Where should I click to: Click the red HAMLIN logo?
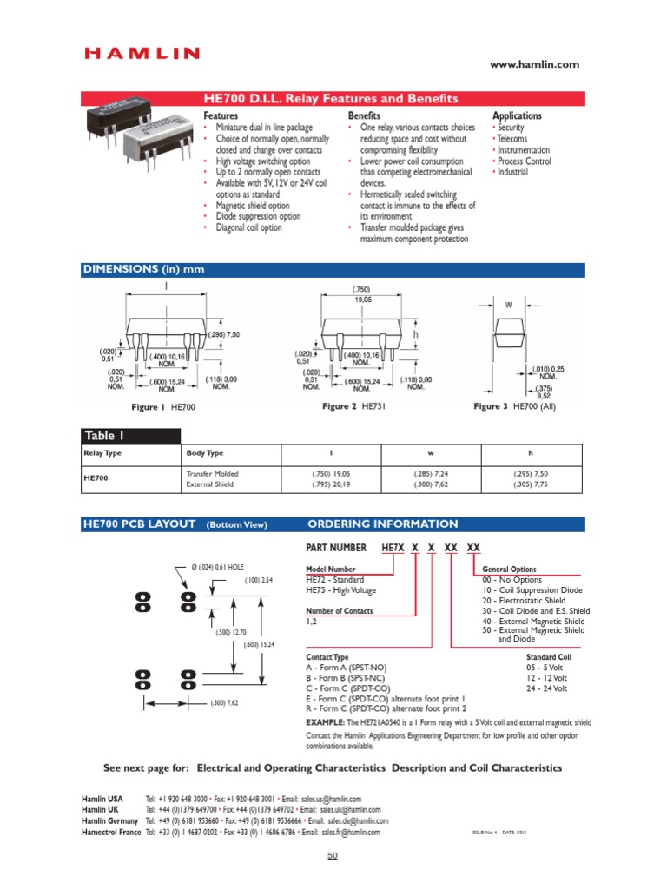tap(142, 54)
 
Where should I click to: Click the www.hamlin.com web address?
tap(534, 64)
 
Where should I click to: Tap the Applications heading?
tap(517, 115)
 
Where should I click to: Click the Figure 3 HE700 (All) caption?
tap(515, 406)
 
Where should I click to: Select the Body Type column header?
tap(205, 453)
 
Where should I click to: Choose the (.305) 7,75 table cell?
tap(531, 484)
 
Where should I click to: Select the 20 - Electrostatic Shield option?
tap(524, 601)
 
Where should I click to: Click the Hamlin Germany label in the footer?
tap(110, 820)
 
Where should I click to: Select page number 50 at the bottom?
tap(333, 857)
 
